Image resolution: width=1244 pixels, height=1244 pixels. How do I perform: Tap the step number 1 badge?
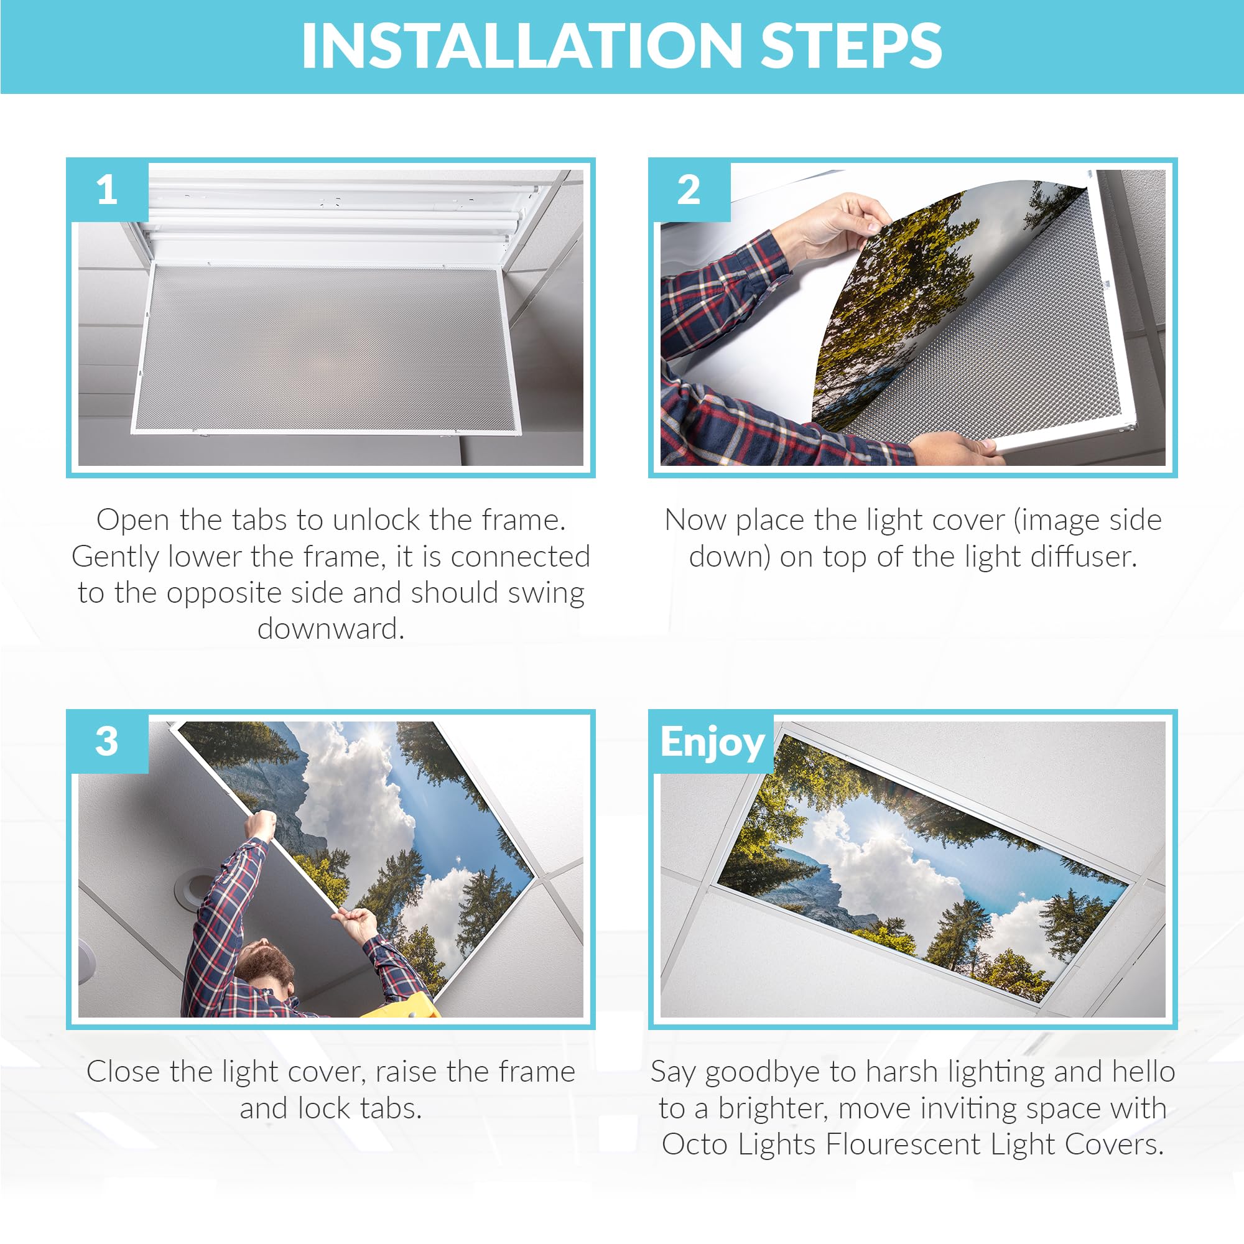click(107, 190)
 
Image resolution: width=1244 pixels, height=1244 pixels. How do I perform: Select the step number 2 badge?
click(689, 190)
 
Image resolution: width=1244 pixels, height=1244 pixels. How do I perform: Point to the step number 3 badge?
click(107, 742)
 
